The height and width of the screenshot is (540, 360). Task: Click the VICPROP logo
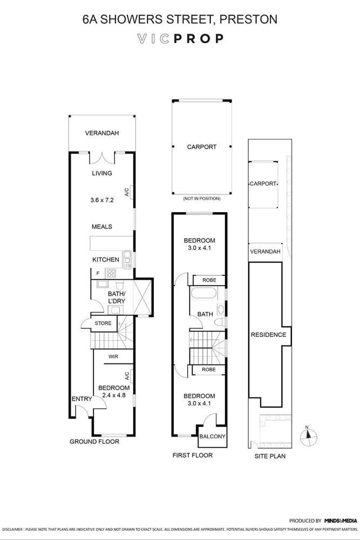tap(180, 38)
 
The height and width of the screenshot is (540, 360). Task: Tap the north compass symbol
tap(307, 436)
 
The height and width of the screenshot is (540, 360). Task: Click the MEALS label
tap(101, 227)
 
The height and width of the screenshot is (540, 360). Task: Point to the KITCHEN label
tap(105, 260)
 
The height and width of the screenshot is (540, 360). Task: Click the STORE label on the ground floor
tap(103, 323)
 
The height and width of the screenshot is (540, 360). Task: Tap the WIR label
tap(113, 357)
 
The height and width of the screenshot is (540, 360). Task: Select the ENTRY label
tap(82, 399)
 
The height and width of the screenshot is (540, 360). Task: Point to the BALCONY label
tap(212, 437)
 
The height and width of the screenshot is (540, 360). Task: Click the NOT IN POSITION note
tap(201, 199)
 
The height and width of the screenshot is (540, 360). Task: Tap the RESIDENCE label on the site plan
tap(268, 335)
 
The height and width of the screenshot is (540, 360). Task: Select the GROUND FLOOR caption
tap(94, 442)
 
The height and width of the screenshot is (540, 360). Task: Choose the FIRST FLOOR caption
tap(192, 455)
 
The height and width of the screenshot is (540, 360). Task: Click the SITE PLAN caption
tap(269, 456)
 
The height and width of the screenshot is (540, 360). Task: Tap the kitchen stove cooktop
tap(112, 273)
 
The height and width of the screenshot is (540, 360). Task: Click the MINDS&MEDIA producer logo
tap(341, 521)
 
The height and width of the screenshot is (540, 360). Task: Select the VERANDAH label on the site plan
tap(265, 252)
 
